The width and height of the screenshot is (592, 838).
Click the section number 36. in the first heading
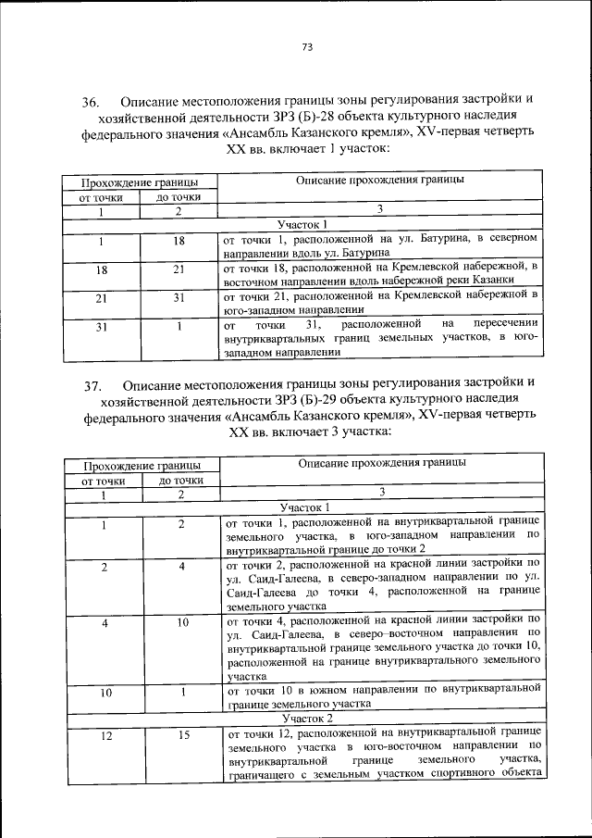91,100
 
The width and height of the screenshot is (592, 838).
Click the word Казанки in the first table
514,281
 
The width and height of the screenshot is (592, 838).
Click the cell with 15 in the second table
183,735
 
